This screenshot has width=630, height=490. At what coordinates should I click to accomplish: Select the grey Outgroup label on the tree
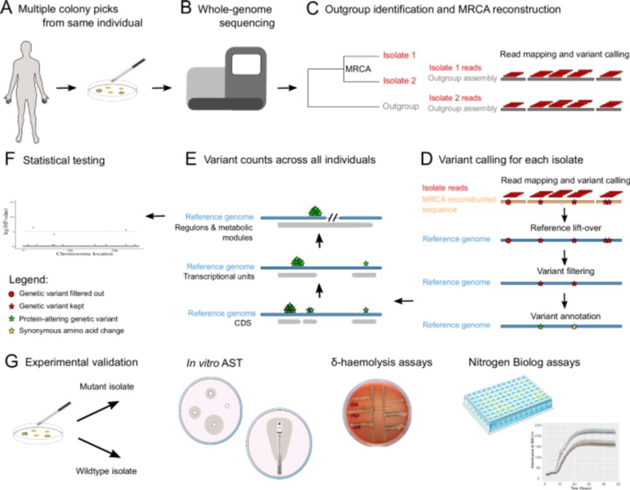click(401, 106)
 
